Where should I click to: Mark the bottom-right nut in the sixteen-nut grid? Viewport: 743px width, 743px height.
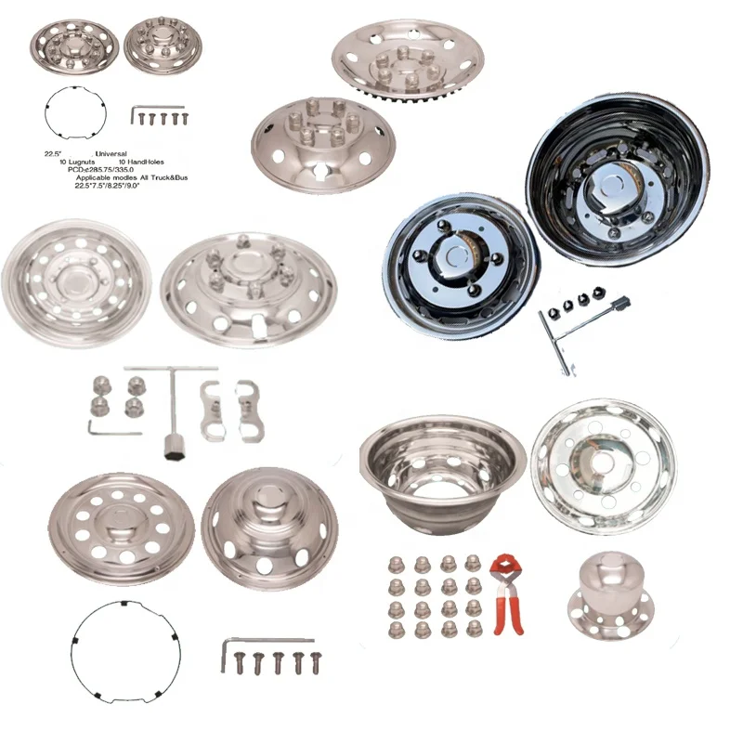[473, 631]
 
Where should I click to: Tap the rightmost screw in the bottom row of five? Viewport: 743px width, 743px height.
[318, 661]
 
